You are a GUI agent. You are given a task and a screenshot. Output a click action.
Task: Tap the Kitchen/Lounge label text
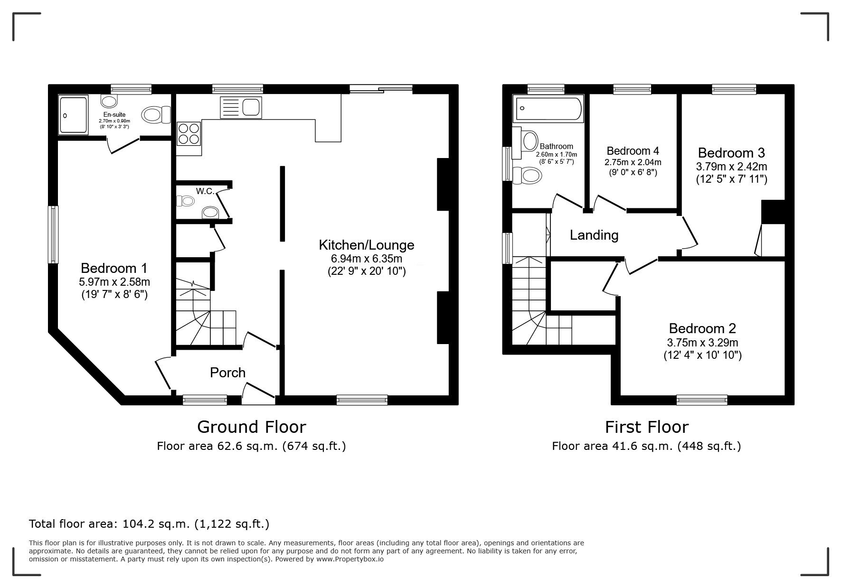tap(366, 245)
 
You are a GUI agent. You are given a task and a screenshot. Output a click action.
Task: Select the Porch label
tap(227, 373)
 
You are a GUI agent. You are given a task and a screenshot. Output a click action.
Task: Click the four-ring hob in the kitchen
tap(189, 133)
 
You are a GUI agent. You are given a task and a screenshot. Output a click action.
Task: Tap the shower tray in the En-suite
tap(73, 114)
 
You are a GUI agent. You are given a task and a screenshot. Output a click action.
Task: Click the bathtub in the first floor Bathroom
tap(548, 109)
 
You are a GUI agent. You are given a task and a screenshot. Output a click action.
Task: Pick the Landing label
tap(594, 235)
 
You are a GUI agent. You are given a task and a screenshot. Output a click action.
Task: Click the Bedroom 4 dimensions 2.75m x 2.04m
tap(633, 162)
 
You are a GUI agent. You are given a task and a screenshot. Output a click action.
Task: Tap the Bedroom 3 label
tap(731, 153)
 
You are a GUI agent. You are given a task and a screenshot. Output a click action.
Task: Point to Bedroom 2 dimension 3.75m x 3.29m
tap(702, 343)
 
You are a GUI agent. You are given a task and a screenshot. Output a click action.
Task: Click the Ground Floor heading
tap(251, 427)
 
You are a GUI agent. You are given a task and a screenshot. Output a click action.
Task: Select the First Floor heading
tap(646, 427)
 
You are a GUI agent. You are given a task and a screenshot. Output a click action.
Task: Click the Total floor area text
tap(149, 524)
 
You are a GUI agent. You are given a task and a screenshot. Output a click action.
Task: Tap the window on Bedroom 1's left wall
tap(53, 234)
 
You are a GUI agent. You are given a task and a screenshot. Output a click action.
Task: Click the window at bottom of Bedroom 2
tap(702, 400)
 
